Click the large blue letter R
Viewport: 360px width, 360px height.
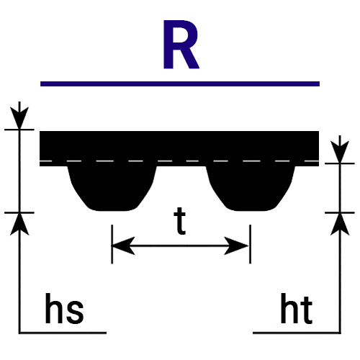pyautogui.click(x=181, y=45)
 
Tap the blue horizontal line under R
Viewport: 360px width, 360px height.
pyautogui.click(x=180, y=84)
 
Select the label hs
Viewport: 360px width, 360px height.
pyautogui.click(x=64, y=308)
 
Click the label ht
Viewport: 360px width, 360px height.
pyautogui.click(x=297, y=308)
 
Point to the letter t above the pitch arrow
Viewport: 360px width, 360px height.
pyautogui.click(x=180, y=221)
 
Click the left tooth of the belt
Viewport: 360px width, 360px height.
pyautogui.click(x=112, y=189)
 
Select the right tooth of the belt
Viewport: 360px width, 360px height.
pyautogui.click(x=251, y=189)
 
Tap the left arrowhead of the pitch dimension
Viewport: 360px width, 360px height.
pyautogui.click(x=123, y=246)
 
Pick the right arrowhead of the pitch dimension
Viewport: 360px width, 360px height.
pyautogui.click(x=237, y=246)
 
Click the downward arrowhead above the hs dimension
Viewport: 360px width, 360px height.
pyautogui.click(x=19, y=117)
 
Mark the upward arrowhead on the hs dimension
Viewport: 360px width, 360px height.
pyautogui.click(x=19, y=224)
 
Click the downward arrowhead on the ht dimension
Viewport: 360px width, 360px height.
pyautogui.click(x=340, y=152)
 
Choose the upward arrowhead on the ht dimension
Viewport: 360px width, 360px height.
pyautogui.click(x=340, y=224)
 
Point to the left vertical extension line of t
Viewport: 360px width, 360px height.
pyautogui.click(x=112, y=244)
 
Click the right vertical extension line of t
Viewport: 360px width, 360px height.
pyautogui.click(x=251, y=244)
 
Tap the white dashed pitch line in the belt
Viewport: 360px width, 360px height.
pyautogui.click(x=179, y=161)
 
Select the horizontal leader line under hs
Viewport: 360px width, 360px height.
pyautogui.click(x=63, y=333)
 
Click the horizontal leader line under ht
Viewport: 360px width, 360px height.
pyautogui.click(x=297, y=333)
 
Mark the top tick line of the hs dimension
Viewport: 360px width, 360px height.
pyautogui.click(x=19, y=130)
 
